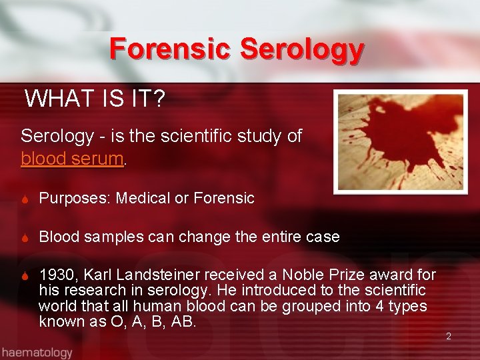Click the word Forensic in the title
[171, 49]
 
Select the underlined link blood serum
[72, 159]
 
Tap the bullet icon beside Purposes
[25, 198]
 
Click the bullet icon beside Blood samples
[25, 237]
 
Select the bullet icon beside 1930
[25, 275]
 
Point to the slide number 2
[449, 336]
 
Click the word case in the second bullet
[325, 237]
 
